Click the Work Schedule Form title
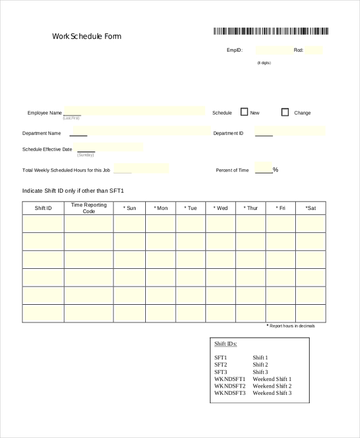coord(87,36)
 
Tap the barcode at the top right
coord(271,32)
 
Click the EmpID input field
coord(272,50)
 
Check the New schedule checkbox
coord(244,112)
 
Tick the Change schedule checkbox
coord(285,112)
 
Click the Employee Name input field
coord(134,111)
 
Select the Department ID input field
coord(290,131)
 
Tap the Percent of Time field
coord(263,167)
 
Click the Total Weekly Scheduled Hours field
coord(141,169)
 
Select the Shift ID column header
coord(43,208)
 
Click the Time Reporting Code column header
coord(89,208)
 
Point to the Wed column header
coord(221,208)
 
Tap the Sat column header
coord(310,208)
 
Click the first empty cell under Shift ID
coord(43,224)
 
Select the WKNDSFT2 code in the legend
coord(230,386)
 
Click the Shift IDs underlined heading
coord(226,344)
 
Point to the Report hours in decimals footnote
coord(290,326)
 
